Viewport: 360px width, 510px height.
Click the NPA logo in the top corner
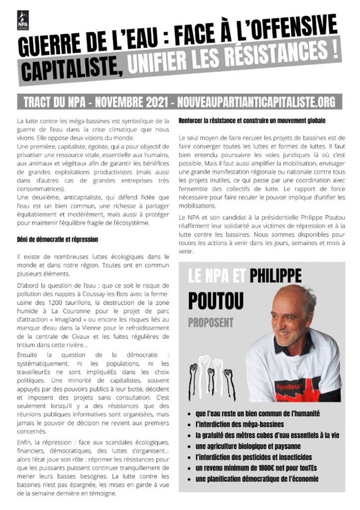tap(23, 20)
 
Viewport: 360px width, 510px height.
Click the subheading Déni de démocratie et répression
tap(57, 239)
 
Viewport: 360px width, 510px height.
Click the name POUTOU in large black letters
tap(216, 300)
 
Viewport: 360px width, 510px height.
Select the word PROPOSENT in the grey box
tap(210, 323)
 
